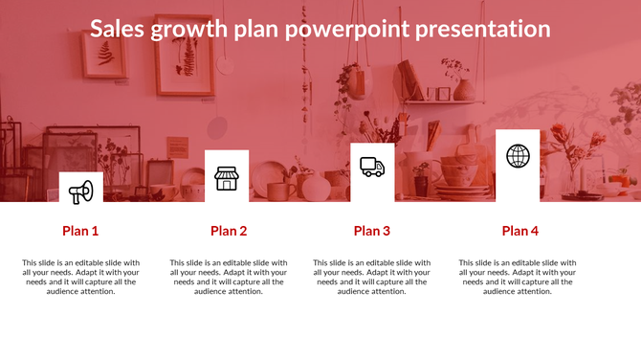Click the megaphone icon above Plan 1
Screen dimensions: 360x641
pyautogui.click(x=80, y=192)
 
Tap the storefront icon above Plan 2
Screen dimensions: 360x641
pyautogui.click(x=226, y=178)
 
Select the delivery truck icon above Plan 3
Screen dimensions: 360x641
pyautogui.click(x=372, y=168)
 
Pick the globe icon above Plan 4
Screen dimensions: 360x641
pyautogui.click(x=518, y=156)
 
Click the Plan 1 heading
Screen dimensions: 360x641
pyautogui.click(x=80, y=231)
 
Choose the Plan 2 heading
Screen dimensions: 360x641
pyautogui.click(x=229, y=231)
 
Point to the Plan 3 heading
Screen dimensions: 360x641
pyautogui.click(x=372, y=231)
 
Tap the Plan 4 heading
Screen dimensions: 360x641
pyautogui.click(x=520, y=231)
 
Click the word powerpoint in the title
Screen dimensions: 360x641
pyautogui.click(x=350, y=30)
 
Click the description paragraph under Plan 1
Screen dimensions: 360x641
pyautogui.click(x=80, y=277)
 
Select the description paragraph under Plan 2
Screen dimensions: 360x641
pyautogui.click(x=229, y=277)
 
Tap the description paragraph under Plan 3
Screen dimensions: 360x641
pyautogui.click(x=372, y=277)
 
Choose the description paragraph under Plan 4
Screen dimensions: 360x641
pyautogui.click(x=518, y=277)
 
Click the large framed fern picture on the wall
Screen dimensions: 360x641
pyautogui.click(x=185, y=62)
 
